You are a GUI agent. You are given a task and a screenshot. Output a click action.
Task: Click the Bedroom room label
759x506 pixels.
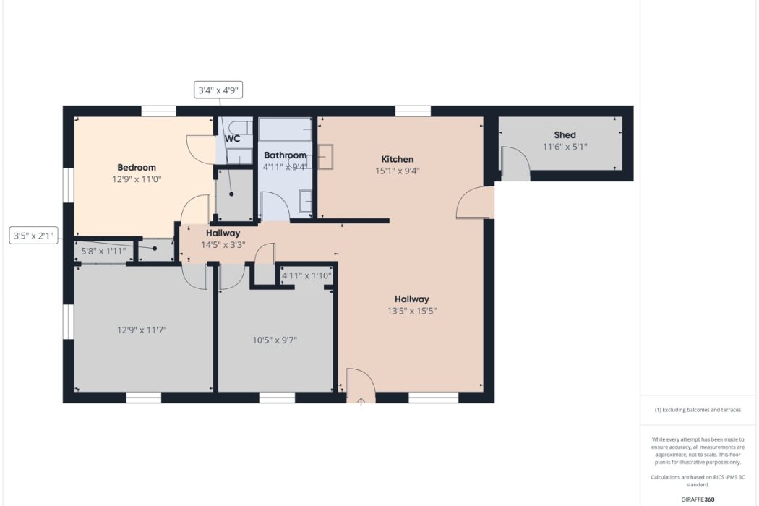[137, 168]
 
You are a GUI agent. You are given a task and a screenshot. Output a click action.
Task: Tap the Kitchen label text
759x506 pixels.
[398, 159]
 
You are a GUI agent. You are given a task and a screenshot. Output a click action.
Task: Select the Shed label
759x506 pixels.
[565, 135]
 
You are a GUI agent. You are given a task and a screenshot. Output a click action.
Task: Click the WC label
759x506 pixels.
[232, 139]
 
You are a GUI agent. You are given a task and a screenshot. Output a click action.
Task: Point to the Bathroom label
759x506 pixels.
[285, 155]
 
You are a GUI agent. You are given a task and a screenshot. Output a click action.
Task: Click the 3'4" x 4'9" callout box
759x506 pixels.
[218, 90]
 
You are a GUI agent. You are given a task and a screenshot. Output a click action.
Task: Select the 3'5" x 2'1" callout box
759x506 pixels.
[34, 236]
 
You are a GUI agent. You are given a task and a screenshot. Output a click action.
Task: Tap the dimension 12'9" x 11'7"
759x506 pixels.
[142, 330]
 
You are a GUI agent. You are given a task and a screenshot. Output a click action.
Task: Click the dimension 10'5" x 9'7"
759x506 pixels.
[275, 340]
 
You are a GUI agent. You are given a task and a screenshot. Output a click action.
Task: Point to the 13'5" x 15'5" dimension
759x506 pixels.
[412, 311]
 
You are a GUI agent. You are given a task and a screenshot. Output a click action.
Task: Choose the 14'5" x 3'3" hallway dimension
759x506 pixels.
[223, 245]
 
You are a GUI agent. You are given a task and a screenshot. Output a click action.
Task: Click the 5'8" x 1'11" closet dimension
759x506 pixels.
[103, 252]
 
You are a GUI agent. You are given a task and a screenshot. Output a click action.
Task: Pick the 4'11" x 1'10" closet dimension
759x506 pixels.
[307, 276]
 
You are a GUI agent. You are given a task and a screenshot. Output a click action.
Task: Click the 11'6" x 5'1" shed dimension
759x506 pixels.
[565, 147]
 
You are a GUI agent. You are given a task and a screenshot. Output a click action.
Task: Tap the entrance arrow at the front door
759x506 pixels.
[361, 401]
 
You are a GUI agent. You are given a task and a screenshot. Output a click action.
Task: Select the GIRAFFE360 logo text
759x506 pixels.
[698, 499]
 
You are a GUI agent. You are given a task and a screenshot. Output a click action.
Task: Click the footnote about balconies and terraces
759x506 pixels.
[698, 410]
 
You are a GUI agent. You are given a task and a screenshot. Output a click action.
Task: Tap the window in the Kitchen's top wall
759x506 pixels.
[413, 111]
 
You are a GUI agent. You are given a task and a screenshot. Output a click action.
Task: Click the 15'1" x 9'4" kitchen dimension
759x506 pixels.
[398, 171]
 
